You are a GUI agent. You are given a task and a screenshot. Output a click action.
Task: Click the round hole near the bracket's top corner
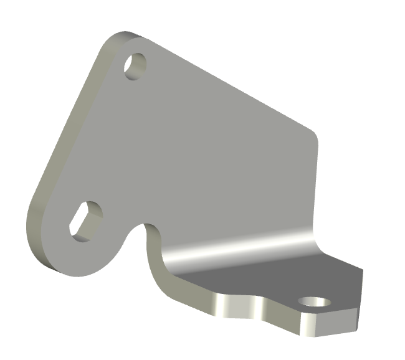135,65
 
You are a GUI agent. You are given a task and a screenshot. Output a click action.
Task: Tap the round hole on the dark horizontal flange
314,303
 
